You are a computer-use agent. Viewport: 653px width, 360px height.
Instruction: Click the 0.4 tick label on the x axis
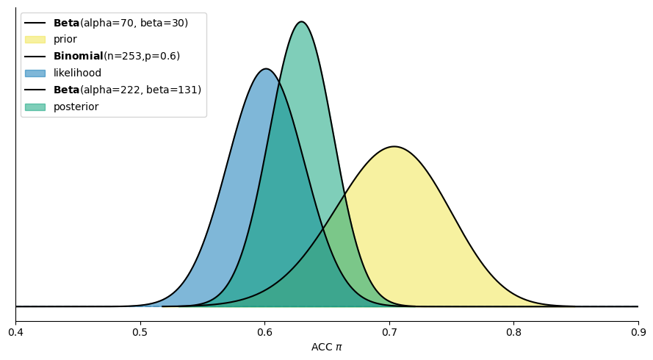[15, 333]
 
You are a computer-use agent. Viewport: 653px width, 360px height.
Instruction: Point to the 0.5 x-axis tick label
[140, 333]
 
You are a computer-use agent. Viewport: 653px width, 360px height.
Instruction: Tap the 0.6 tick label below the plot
[264, 333]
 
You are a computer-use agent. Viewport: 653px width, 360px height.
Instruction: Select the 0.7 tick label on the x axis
[389, 333]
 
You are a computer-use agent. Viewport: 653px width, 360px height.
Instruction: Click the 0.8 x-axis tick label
[513, 333]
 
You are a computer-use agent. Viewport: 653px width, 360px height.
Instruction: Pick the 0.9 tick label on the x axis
[638, 333]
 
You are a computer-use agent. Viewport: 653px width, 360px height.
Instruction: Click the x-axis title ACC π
[326, 347]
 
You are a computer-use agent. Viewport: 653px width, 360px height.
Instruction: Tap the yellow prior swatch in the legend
[35, 40]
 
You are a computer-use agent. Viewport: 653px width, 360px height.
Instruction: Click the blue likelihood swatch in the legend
[35, 73]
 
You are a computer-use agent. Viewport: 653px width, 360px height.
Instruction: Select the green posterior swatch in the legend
[35, 107]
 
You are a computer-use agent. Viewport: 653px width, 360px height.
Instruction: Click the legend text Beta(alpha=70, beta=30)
[120, 23]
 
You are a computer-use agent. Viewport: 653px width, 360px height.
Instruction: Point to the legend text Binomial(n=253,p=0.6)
[116, 57]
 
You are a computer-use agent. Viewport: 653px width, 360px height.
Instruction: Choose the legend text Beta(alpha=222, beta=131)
[127, 90]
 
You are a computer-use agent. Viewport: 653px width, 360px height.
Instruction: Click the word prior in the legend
[65, 40]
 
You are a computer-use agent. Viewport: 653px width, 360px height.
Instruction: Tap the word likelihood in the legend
[77, 73]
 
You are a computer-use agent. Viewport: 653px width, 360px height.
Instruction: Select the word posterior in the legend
[76, 107]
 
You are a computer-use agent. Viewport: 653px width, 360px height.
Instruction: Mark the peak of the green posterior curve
[301, 22]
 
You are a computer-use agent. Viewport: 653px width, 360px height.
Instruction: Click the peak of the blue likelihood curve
[266, 69]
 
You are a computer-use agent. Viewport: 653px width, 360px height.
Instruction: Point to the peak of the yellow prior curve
[394, 147]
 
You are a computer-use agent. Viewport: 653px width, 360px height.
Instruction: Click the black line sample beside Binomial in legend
[35, 57]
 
